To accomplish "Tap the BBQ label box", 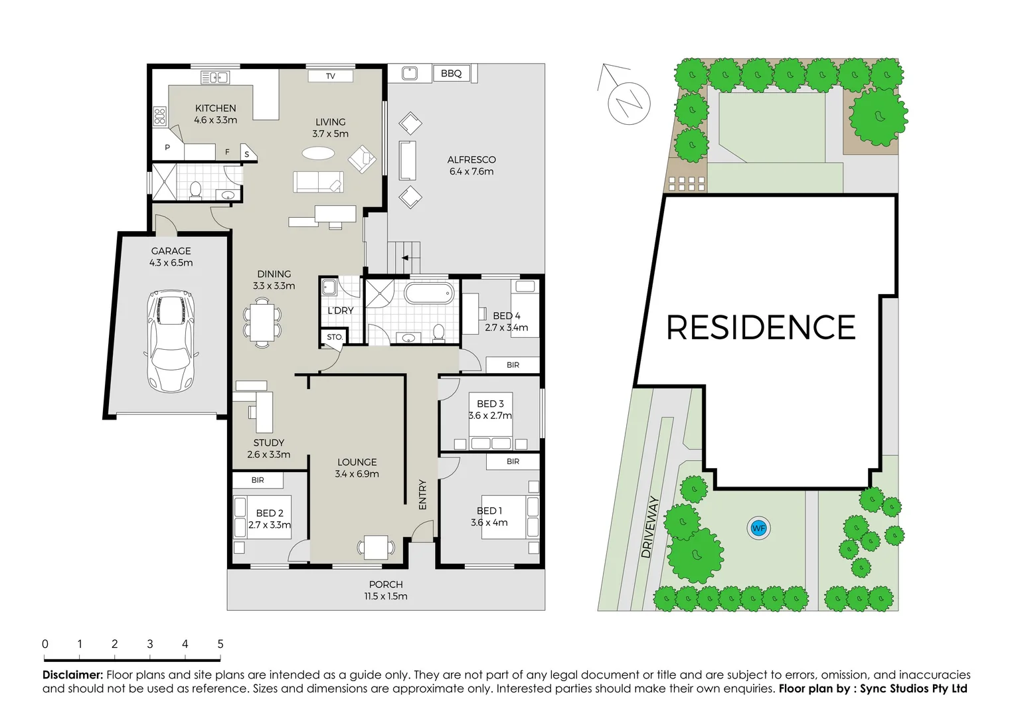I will (452, 73).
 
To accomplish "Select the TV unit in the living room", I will (331, 76).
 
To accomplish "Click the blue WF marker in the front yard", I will (758, 528).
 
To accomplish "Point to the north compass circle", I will (629, 103).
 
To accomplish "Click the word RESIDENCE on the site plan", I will (760, 327).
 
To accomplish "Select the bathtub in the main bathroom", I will (430, 293).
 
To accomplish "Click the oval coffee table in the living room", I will (319, 153).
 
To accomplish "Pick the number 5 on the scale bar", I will (220, 644).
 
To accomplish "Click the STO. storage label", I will (335, 337).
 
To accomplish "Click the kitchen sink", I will (214, 78).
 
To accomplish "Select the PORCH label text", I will (386, 584).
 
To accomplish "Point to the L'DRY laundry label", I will (340, 310).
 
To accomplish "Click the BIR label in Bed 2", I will (258, 480).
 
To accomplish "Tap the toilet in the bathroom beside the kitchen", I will (195, 190).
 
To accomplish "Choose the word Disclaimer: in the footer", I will (72, 675).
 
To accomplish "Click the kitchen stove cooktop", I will (160, 116).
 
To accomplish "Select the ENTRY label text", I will (423, 495).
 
